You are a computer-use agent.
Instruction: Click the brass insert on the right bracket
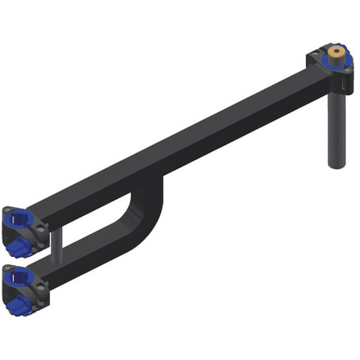[335, 54]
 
